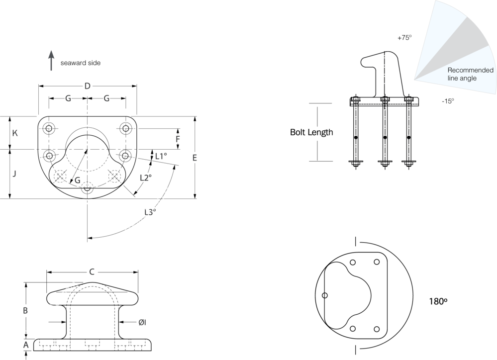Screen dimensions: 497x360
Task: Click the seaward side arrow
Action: pos(51,60)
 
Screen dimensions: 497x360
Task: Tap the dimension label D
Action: pos(87,86)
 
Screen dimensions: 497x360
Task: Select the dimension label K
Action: pos(15,133)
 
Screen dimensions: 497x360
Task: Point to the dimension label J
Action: pos(14,174)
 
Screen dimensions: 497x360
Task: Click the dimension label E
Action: pos(195,158)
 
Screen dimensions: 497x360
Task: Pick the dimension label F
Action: pos(178,139)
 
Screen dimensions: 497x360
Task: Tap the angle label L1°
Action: pos(161,156)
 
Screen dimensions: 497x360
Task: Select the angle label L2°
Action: pos(146,178)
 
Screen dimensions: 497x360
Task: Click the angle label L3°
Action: pos(150,212)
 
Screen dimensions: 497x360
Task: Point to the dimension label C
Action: pos(92,272)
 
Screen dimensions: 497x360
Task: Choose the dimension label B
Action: pos(25,311)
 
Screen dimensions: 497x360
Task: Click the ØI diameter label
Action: pos(142,323)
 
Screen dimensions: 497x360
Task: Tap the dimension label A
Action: pos(26,345)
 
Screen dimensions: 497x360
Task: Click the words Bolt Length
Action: pos(311,132)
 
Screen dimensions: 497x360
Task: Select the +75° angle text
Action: pos(404,38)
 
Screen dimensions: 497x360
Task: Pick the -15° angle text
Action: pos(448,101)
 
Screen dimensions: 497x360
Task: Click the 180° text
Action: pos(438,301)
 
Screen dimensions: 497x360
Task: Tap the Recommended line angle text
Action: pos(470,74)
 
